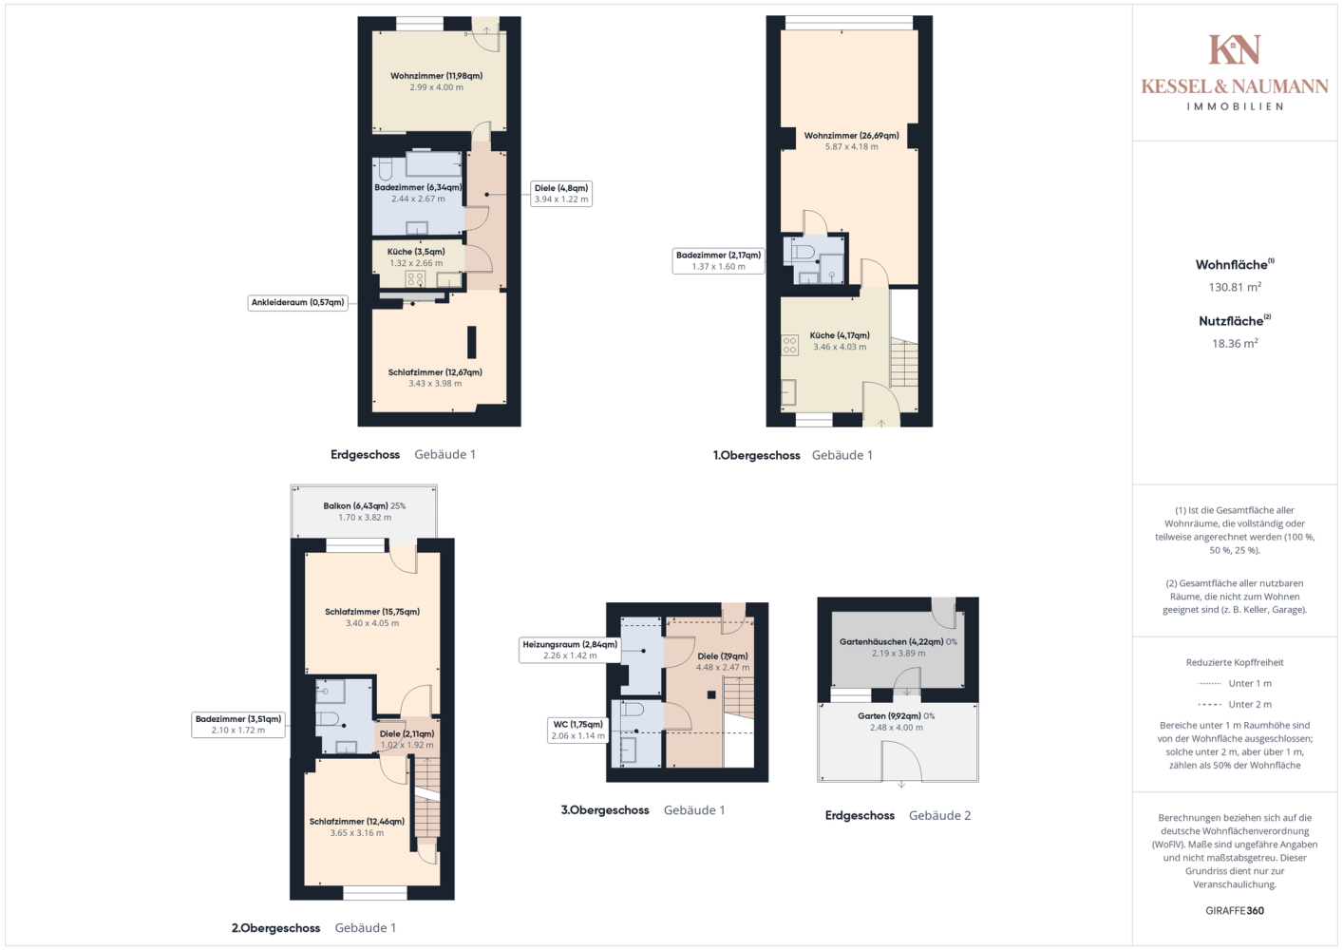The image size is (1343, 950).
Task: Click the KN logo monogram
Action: click(x=1235, y=49)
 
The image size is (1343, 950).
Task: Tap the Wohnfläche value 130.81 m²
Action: click(x=1235, y=287)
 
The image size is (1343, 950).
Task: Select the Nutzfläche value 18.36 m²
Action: click(x=1235, y=344)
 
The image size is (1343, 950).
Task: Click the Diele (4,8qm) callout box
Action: click(x=561, y=194)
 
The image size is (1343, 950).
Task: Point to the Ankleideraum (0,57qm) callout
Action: click(x=298, y=303)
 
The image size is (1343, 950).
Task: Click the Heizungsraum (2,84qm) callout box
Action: click(x=570, y=650)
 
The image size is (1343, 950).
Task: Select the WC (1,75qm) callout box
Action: click(x=578, y=730)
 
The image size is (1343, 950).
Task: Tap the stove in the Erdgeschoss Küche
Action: click(x=415, y=279)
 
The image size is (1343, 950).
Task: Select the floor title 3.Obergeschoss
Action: click(x=605, y=810)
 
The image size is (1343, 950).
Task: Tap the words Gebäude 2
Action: click(x=939, y=816)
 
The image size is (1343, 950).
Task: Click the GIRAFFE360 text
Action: click(x=1235, y=910)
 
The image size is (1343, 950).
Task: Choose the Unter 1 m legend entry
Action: click(x=1235, y=683)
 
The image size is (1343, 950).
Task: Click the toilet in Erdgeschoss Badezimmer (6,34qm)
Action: click(x=385, y=170)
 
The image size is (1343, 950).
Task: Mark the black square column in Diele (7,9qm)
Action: click(x=711, y=695)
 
